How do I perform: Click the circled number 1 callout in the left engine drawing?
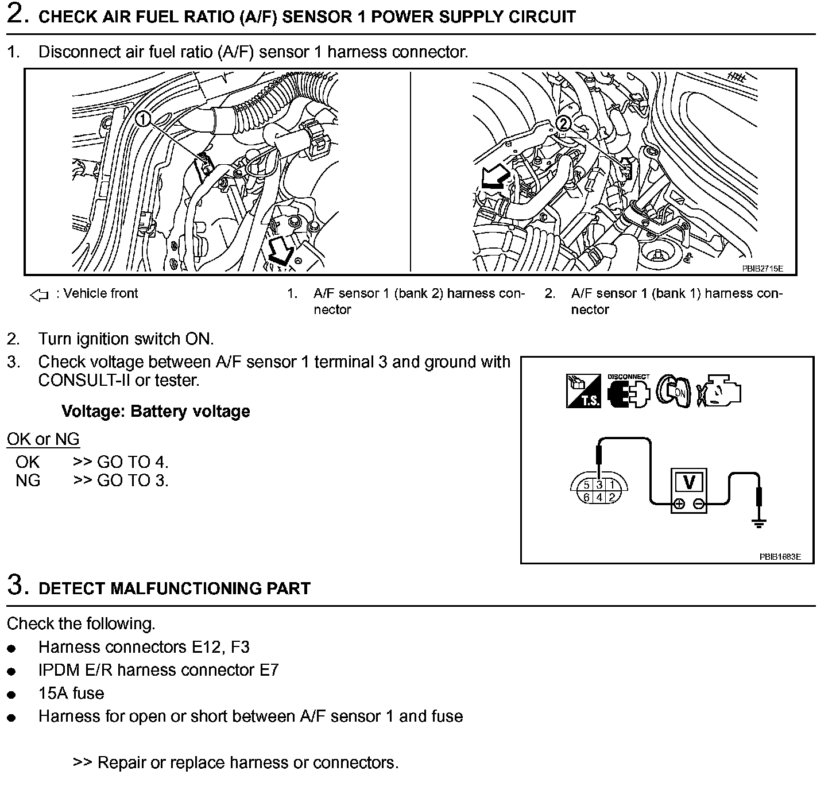[143, 119]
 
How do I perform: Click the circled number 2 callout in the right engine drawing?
[564, 123]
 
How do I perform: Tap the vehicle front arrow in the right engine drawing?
[495, 177]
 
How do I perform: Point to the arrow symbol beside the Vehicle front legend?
[39, 296]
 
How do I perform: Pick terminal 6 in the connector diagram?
[586, 498]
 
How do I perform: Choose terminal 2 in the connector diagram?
[612, 498]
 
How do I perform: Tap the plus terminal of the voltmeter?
[679, 505]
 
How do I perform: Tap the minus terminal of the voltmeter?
[698, 505]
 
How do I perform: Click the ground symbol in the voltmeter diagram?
[759, 522]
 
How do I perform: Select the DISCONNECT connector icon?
[628, 392]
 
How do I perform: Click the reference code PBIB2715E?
[762, 268]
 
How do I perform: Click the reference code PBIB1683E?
[780, 556]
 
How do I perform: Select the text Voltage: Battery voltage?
[156, 412]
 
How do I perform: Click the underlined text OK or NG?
[43, 440]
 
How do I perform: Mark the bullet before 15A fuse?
[11, 695]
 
